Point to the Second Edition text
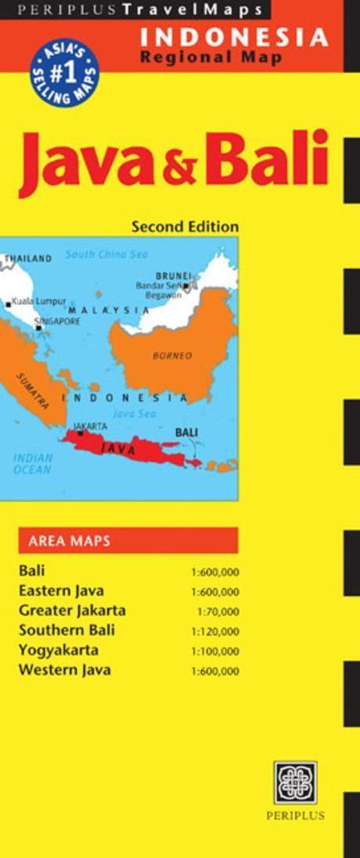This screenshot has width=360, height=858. click(x=186, y=226)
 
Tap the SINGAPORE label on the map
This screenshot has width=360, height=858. click(x=57, y=322)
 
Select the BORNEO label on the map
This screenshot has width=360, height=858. click(x=171, y=355)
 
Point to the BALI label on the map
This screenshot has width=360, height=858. click(x=186, y=432)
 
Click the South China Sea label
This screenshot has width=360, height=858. click(x=106, y=254)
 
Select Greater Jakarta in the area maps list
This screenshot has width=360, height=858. click(x=72, y=610)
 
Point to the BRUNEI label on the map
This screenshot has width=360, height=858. click(x=172, y=275)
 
